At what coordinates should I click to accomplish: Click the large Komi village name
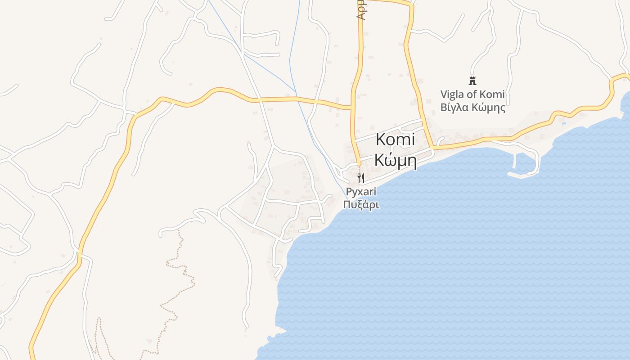pos(395,139)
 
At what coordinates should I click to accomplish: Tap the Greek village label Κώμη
pos(395,160)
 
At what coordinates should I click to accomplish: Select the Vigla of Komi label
pos(472,95)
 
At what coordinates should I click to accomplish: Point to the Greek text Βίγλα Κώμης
pos(472,108)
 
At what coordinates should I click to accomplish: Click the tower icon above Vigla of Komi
pos(472,81)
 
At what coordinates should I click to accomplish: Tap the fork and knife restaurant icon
pos(360,178)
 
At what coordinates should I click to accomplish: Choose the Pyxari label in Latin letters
pos(361,192)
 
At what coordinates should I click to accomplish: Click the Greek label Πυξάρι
pos(361,205)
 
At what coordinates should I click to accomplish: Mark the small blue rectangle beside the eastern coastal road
pos(563,123)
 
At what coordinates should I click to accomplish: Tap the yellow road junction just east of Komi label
pos(432,147)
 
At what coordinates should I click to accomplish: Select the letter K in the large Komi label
pos(381,139)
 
